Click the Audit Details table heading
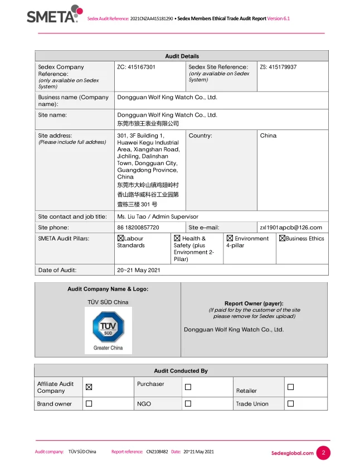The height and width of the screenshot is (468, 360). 182,56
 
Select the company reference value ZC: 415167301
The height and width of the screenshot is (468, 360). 136,67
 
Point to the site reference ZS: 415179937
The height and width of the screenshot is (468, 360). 278,67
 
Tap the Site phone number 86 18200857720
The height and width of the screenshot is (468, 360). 138,228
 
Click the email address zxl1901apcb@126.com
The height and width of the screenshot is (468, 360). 291,228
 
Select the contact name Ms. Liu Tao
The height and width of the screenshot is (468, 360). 133,216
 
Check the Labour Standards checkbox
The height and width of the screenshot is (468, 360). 120,238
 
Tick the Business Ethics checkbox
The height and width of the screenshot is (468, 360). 282,238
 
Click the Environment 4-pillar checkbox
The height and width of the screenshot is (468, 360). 230,238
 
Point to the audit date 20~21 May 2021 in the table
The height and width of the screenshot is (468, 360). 139,270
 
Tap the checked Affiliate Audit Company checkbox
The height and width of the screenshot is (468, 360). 89,387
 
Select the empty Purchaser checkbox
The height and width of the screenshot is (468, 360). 188,387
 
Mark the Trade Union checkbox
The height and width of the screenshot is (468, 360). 290,403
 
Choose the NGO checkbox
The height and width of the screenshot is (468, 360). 188,403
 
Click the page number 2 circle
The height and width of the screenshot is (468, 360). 323,453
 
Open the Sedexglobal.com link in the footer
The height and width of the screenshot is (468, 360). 293,453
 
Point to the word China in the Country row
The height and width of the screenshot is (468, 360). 268,136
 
